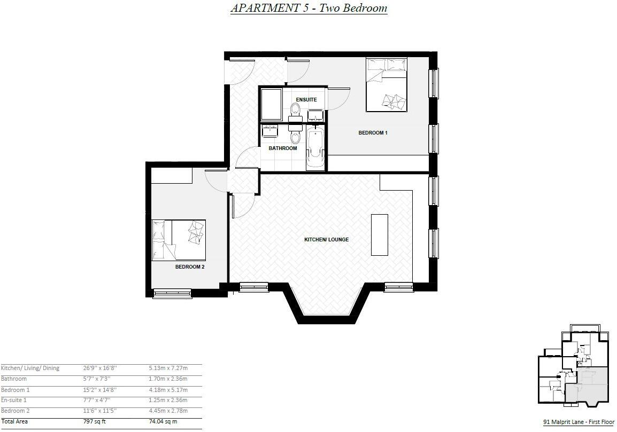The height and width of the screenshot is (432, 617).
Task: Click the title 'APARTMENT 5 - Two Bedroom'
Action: pos(308,8)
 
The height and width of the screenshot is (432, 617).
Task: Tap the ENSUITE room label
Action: pos(306,100)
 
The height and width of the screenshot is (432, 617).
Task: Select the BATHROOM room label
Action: pos(282,148)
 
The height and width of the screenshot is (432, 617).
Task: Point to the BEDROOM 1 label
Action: pos(373,132)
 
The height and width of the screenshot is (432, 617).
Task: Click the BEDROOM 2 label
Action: pos(190,266)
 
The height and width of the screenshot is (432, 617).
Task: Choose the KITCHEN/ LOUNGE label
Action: pos(326,240)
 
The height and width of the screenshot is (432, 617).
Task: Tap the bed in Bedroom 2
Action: pos(179,240)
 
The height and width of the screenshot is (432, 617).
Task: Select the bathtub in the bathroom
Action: pos(315,148)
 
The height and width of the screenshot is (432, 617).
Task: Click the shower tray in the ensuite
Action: pos(271,104)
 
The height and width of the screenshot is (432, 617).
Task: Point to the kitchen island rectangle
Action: pos(380,235)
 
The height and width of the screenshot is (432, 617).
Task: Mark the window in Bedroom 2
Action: pos(172,293)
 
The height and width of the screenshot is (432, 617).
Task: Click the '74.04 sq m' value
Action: pos(163,421)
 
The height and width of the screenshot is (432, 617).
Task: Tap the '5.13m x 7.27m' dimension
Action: pos(168,368)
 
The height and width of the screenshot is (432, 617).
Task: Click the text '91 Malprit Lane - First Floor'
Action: pos(579,422)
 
